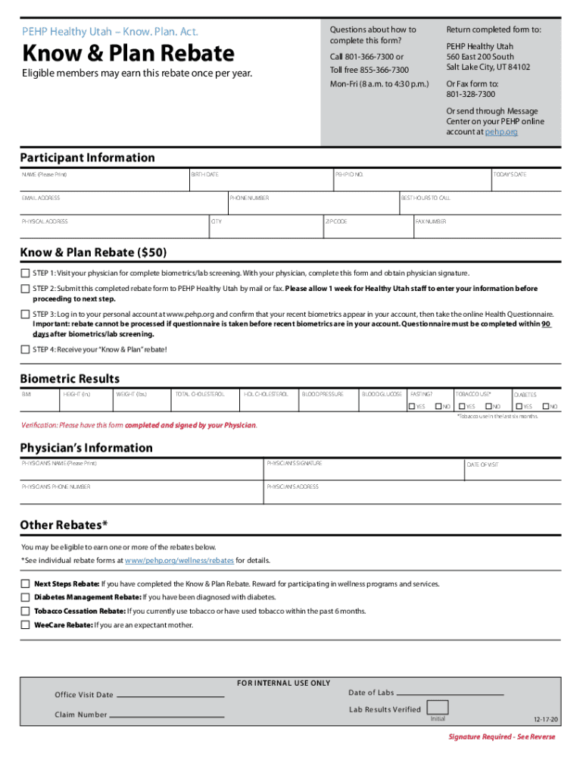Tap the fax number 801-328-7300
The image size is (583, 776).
(470, 94)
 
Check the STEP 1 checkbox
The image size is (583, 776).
(25, 273)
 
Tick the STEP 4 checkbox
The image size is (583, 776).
(25, 349)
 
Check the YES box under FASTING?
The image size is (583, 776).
(411, 407)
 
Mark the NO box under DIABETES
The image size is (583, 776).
(545, 407)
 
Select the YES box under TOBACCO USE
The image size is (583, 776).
(460, 407)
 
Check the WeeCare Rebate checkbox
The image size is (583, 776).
(25, 625)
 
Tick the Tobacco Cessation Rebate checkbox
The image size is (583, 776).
(25, 612)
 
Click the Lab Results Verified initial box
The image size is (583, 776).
(438, 708)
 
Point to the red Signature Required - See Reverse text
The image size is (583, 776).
(501, 737)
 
